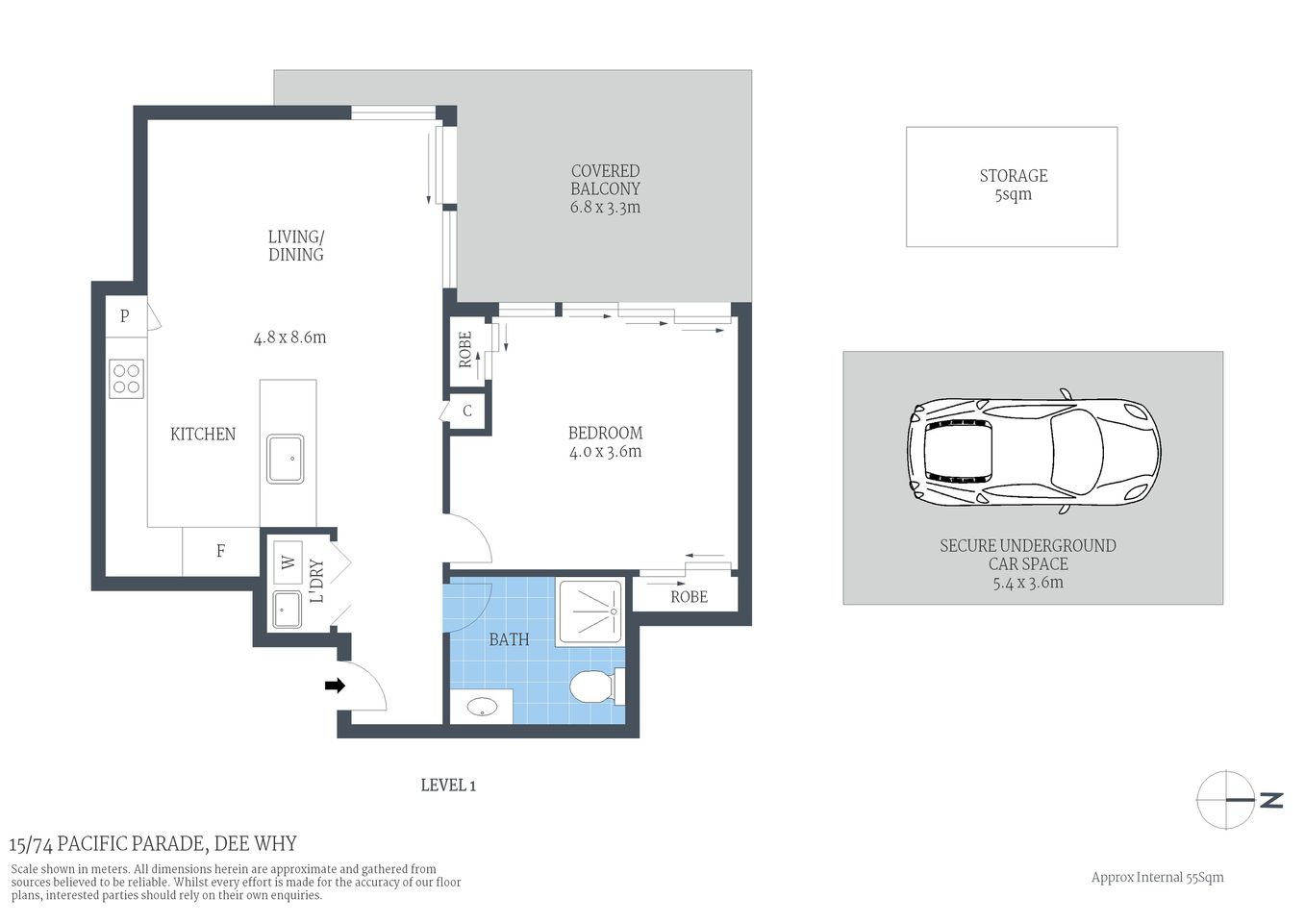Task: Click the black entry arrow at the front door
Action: pyautogui.click(x=335, y=686)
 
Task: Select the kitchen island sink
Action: pyautogui.click(x=286, y=459)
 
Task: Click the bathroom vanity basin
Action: pyautogui.click(x=482, y=708)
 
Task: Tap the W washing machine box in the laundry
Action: pyautogui.click(x=288, y=561)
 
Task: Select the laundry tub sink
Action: pyautogui.click(x=287, y=609)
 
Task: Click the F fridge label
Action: pyautogui.click(x=220, y=551)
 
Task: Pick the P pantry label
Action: pyautogui.click(x=124, y=315)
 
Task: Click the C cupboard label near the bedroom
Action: pyautogui.click(x=467, y=412)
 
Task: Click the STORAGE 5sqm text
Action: pyautogui.click(x=1013, y=185)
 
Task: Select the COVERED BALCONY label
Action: pyautogui.click(x=605, y=180)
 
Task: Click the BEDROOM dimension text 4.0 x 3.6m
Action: pyautogui.click(x=605, y=452)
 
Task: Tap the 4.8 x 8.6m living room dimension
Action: pyautogui.click(x=289, y=337)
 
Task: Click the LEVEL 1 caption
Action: pyautogui.click(x=448, y=786)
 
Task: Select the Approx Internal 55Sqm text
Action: pyautogui.click(x=1157, y=877)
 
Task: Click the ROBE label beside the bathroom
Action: pyautogui.click(x=689, y=597)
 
